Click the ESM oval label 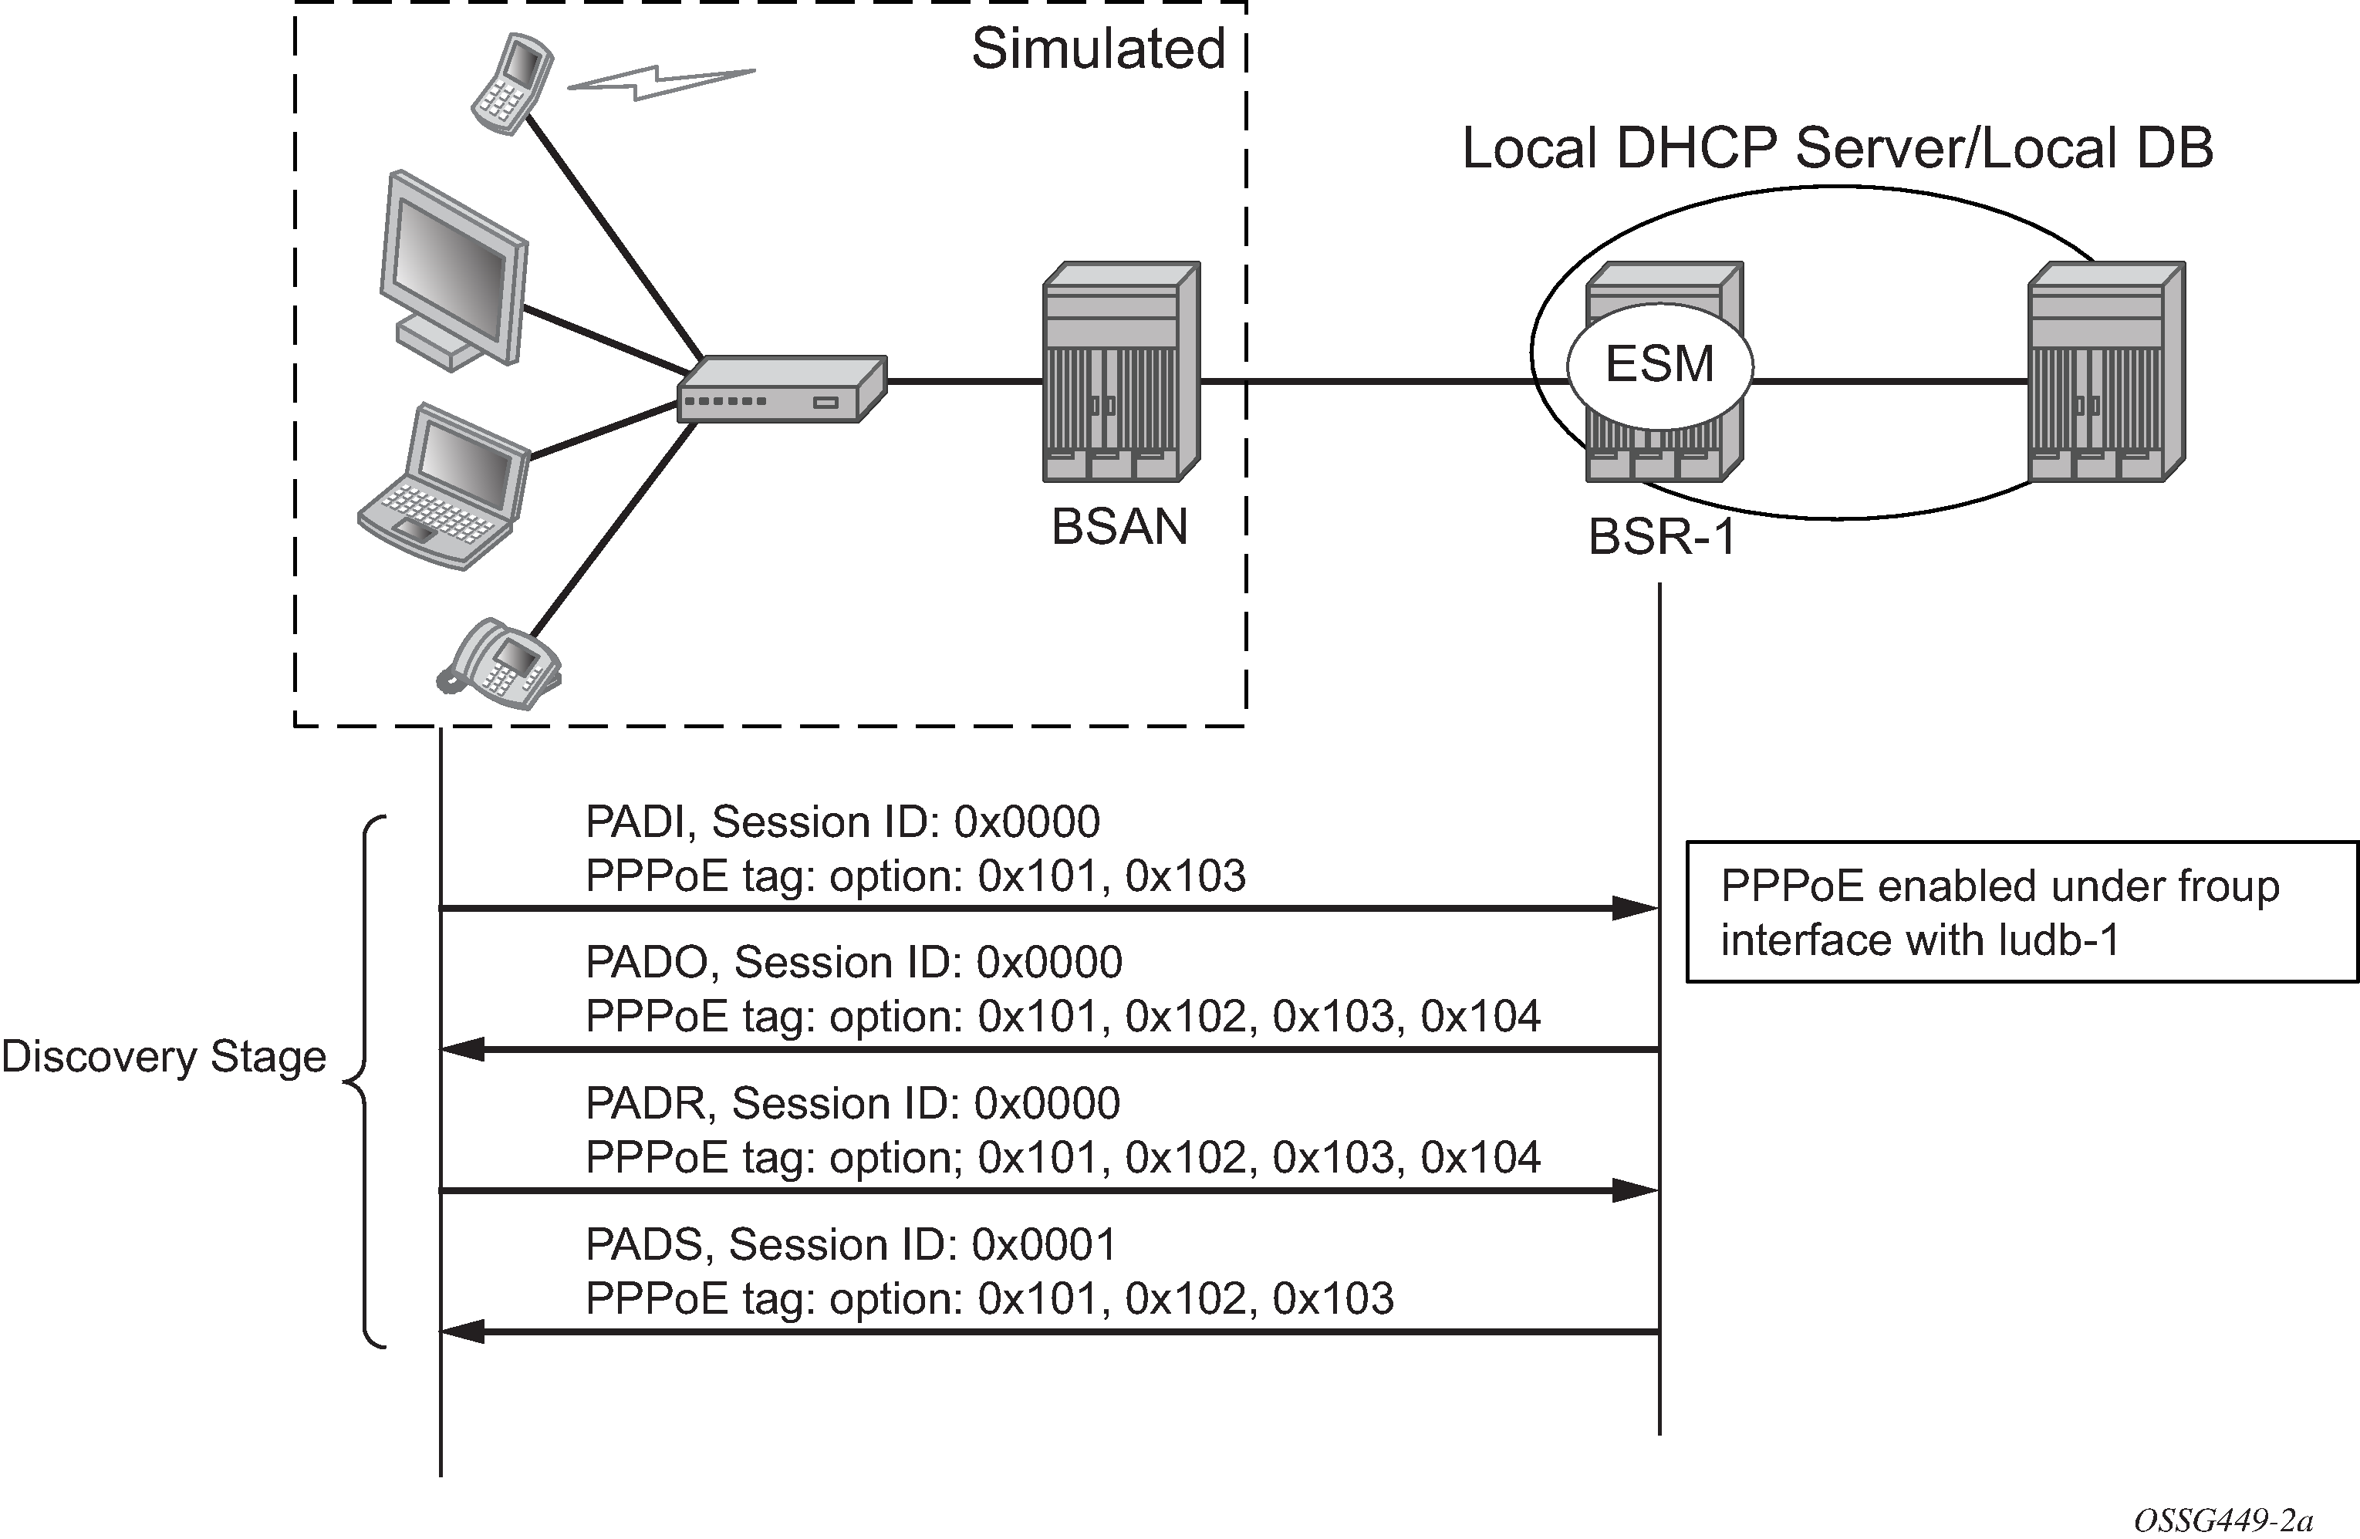[x=1659, y=365]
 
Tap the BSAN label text [x=1119, y=527]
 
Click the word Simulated [x=1098, y=49]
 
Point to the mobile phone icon [x=512, y=83]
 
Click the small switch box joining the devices [x=782, y=390]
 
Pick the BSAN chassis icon [x=1122, y=372]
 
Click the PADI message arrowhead [x=1634, y=907]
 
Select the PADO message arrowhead [x=464, y=1049]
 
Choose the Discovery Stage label [x=164, y=1057]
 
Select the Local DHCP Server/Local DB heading [x=1838, y=149]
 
